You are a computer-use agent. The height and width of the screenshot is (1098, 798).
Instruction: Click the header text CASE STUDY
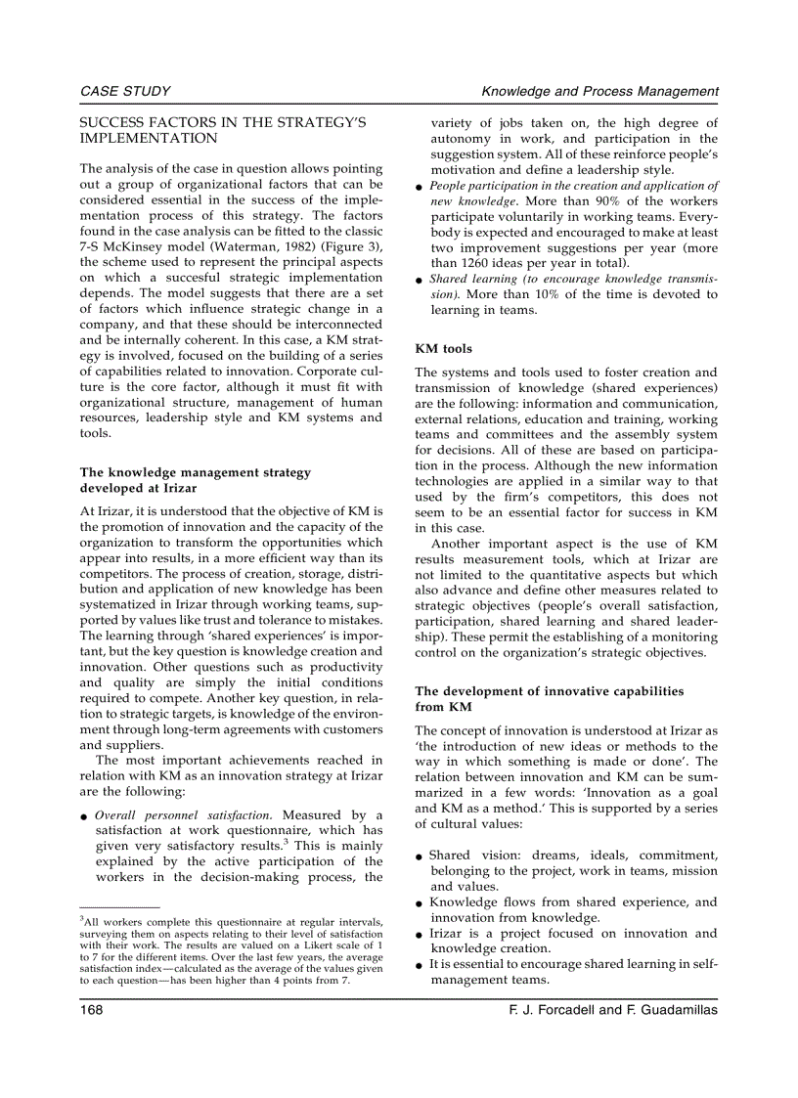tap(125, 91)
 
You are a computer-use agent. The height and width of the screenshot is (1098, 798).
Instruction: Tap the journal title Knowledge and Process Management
tap(600, 91)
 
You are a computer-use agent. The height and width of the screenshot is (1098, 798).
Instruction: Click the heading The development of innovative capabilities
tap(549, 690)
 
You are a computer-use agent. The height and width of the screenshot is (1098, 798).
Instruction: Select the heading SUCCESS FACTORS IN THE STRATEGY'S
tap(222, 123)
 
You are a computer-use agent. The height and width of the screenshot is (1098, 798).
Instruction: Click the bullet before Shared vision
tap(420, 856)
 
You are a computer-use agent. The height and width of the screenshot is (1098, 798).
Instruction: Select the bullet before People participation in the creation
tap(420, 186)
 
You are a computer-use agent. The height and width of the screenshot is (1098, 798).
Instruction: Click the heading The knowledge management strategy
tap(195, 472)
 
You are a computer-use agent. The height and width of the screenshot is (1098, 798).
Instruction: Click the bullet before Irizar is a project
tap(420, 934)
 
